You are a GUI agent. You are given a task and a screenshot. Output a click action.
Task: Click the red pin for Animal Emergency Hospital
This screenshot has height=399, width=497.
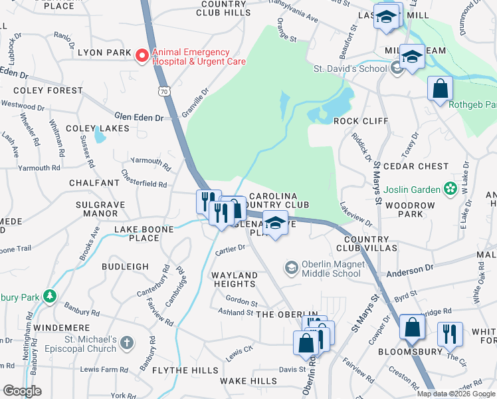[x=142, y=57]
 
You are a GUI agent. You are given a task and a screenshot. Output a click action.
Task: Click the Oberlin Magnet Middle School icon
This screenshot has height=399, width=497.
[x=290, y=268]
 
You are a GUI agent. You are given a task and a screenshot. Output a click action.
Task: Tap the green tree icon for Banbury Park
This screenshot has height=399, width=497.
[x=49, y=295]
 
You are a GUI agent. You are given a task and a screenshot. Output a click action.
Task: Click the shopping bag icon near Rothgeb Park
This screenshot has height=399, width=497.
[x=440, y=88]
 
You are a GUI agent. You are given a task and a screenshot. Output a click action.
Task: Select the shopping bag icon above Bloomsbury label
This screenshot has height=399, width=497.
[x=412, y=327]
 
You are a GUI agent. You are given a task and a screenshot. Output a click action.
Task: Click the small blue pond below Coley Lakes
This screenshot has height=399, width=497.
[x=100, y=136]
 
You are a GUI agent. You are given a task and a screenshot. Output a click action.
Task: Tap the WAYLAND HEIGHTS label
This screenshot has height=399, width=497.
[x=234, y=279]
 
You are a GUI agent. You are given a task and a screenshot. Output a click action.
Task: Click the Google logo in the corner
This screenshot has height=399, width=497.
[x=22, y=391]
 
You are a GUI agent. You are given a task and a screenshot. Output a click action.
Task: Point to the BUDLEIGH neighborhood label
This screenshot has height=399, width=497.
[x=125, y=266]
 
